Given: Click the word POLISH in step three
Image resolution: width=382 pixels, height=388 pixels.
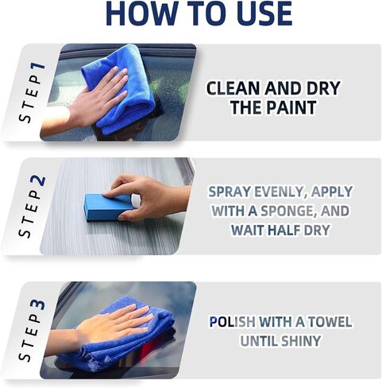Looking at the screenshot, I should (x=237, y=322).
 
